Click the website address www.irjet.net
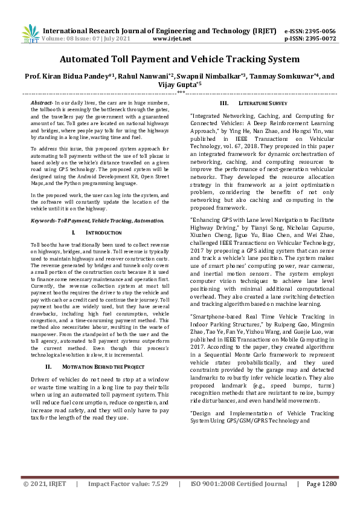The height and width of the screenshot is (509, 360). pos(172,38)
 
